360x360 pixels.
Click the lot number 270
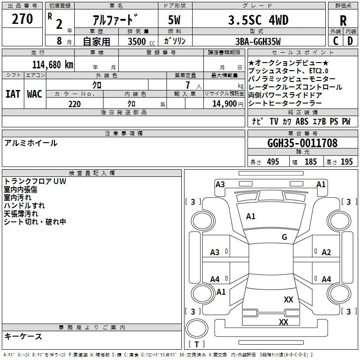pyautogui.click(x=23, y=19)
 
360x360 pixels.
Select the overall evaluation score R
pyautogui.click(x=343, y=21)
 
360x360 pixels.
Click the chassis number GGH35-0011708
pyautogui.click(x=302, y=144)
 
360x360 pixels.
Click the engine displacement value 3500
pyautogui.click(x=137, y=41)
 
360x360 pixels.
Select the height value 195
pyautogui.click(x=346, y=162)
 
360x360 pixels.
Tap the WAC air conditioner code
pyautogui.click(x=35, y=94)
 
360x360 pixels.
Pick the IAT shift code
pyautogui.click(x=13, y=94)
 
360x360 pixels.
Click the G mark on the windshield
pyautogui.click(x=284, y=237)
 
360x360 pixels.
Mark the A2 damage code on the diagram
pyautogui.click(x=326, y=252)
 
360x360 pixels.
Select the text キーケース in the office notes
pyautogui.click(x=23, y=337)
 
